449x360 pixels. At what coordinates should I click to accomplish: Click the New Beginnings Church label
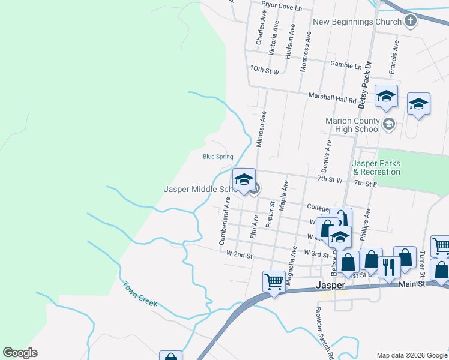(x=357, y=22)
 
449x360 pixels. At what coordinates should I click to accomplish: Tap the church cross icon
(x=411, y=22)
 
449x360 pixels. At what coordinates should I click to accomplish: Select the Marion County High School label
(x=352, y=125)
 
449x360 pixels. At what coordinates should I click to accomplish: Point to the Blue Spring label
(x=218, y=157)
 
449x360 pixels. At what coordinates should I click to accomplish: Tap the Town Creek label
(x=140, y=294)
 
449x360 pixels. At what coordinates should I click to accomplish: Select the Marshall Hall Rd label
(x=333, y=95)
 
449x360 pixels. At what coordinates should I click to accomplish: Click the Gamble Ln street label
(x=346, y=65)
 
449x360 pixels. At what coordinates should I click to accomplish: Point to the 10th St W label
(x=265, y=71)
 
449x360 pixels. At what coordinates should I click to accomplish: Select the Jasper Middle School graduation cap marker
(x=244, y=180)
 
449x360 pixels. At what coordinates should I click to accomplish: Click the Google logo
(x=20, y=352)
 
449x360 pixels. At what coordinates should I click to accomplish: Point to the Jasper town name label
(x=331, y=284)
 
